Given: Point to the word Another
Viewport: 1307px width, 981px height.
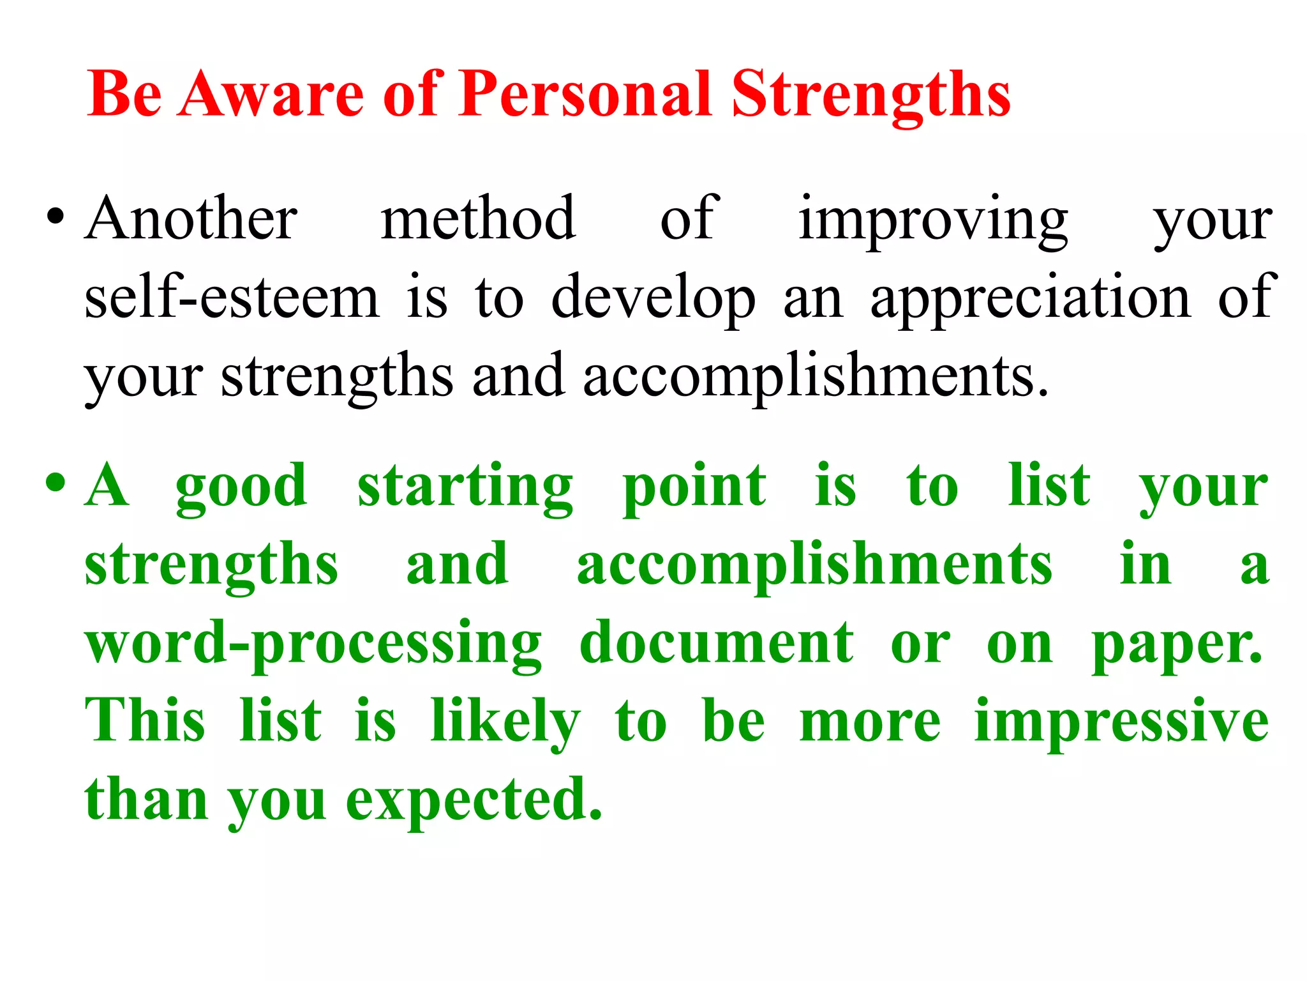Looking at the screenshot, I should (x=191, y=218).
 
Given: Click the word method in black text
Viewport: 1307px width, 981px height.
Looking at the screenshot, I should (x=479, y=218).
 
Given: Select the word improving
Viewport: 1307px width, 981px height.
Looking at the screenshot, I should (x=933, y=220).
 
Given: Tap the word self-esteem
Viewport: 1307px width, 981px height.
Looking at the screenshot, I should (x=232, y=297).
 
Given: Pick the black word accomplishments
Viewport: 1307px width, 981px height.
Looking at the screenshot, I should (x=815, y=377).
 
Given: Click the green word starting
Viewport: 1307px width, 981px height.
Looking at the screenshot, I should (x=465, y=487).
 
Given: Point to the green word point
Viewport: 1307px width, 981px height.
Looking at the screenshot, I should (x=694, y=487).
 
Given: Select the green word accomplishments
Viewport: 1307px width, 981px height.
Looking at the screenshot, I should (x=814, y=565).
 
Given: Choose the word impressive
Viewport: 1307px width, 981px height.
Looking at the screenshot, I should (x=1121, y=722).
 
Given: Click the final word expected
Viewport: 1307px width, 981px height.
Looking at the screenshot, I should (x=474, y=801).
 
